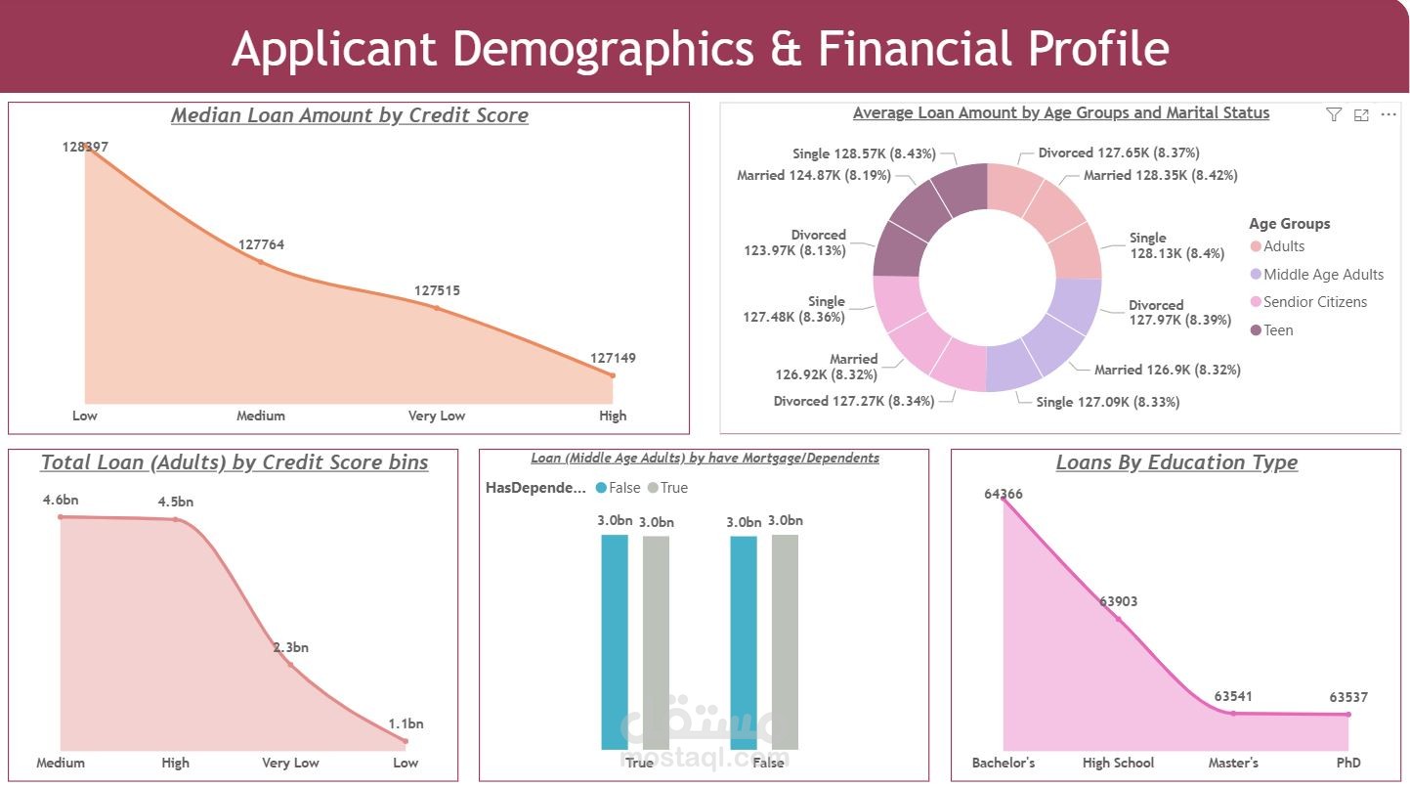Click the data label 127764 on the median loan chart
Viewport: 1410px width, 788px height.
tap(261, 245)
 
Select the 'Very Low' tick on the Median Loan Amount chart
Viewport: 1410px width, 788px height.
tap(436, 416)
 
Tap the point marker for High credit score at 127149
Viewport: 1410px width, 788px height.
tap(613, 375)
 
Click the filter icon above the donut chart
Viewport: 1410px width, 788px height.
tap(1334, 114)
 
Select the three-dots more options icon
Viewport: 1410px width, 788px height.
tap(1389, 114)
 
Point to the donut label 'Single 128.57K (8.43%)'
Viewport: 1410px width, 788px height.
tap(865, 153)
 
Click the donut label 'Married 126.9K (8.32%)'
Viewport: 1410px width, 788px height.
tap(1167, 370)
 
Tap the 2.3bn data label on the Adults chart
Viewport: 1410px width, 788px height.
tap(290, 647)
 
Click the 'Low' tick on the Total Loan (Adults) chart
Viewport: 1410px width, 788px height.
tap(406, 763)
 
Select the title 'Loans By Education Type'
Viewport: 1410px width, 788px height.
tap(1176, 462)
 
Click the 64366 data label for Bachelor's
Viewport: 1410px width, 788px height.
tap(1004, 494)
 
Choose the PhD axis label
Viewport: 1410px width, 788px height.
tap(1348, 763)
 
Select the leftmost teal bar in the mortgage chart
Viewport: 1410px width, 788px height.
tap(615, 641)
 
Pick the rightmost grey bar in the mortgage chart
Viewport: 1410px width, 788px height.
tap(785, 641)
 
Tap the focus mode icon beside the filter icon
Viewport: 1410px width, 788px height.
tap(1361, 114)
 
